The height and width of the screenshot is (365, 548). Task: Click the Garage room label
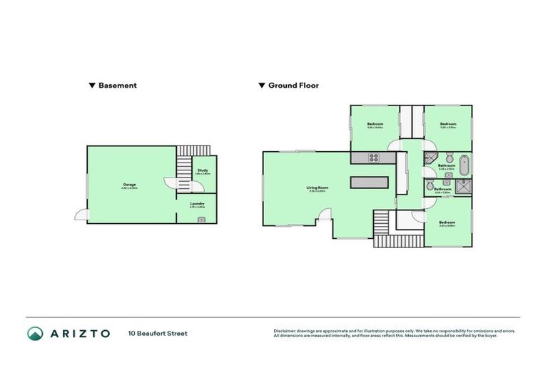(x=130, y=185)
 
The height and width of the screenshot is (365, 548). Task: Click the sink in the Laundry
(x=201, y=219)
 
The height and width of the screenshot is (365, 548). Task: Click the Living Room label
(x=318, y=189)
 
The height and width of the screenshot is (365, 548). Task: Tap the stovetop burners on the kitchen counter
(x=372, y=157)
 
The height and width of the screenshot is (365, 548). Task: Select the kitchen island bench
(x=370, y=182)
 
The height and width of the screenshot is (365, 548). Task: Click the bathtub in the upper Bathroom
(x=465, y=165)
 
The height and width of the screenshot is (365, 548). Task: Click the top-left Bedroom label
(x=375, y=125)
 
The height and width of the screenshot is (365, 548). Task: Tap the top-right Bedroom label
(x=448, y=125)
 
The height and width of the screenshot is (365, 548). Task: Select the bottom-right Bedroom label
(x=447, y=223)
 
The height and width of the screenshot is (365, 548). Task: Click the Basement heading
(x=118, y=86)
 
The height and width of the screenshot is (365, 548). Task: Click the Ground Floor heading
(x=293, y=86)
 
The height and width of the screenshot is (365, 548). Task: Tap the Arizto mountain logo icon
(x=36, y=333)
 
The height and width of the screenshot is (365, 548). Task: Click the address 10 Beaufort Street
(x=158, y=333)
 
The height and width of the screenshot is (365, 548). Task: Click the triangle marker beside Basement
(x=92, y=86)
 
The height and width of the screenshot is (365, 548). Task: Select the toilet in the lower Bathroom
(x=430, y=191)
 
